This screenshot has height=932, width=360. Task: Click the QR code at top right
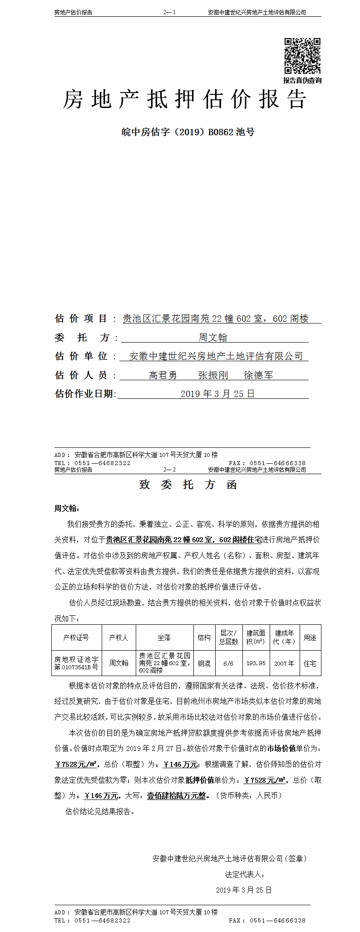[302, 56]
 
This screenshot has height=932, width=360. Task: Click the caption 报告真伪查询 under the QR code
[302, 80]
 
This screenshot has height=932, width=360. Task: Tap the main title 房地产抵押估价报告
[184, 99]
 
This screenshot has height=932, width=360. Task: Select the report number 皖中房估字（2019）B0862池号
[188, 132]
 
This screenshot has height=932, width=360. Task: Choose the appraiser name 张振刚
[213, 375]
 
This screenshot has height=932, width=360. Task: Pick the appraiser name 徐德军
[258, 375]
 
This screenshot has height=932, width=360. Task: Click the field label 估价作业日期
[85, 393]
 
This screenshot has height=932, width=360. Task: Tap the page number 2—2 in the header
[169, 470]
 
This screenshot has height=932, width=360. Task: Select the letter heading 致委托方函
[188, 485]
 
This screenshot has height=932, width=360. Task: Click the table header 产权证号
[76, 638]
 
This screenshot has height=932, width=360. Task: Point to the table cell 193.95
[256, 663]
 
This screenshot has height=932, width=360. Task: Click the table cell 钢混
[204, 663]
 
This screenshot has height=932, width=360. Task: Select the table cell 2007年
[284, 663]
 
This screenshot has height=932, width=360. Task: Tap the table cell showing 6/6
[228, 663]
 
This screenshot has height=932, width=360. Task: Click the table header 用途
[310, 638]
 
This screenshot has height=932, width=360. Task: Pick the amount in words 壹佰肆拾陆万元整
[176, 795]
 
